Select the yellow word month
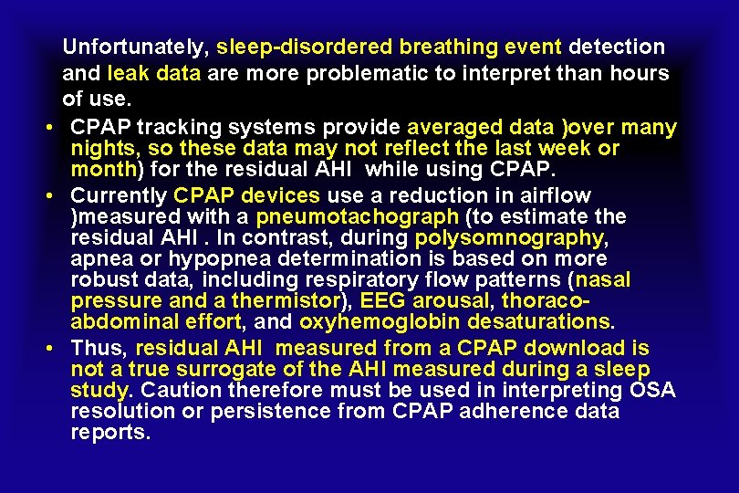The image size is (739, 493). pos(102,169)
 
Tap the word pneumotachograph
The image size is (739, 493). pos(357,216)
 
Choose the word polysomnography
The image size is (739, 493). pos(508,237)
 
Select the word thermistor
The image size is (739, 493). pos(288,300)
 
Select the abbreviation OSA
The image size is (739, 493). pos(652,391)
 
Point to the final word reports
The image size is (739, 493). pos(109,432)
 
